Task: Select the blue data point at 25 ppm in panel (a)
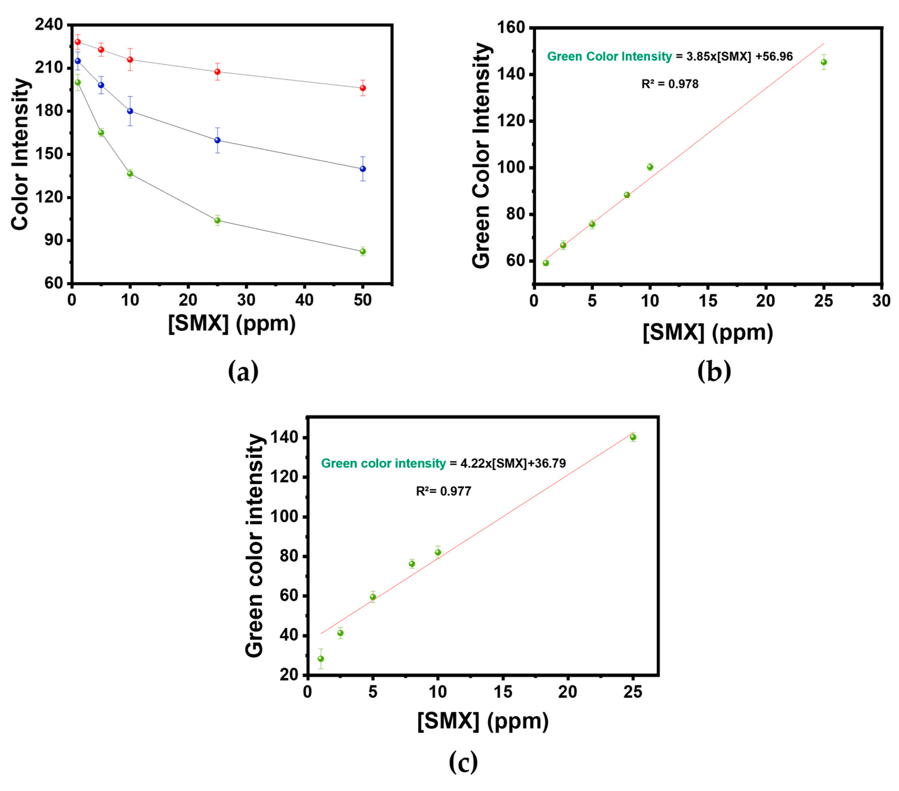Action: pyautogui.click(x=217, y=140)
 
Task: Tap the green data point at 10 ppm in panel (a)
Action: pyautogui.click(x=130, y=173)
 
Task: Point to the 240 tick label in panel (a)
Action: pyautogui.click(x=49, y=25)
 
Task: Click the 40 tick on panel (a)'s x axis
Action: pyautogui.click(x=304, y=300)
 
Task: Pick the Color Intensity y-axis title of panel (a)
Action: pyautogui.click(x=20, y=154)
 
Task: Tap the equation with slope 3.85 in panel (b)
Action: pyautogui.click(x=670, y=56)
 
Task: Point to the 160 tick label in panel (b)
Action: pyautogui.click(x=511, y=27)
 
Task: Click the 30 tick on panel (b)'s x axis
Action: pyautogui.click(x=881, y=301)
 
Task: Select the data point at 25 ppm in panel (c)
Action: pyautogui.click(x=633, y=437)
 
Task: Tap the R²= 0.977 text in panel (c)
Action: pyautogui.click(x=443, y=491)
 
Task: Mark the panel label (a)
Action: pyautogui.click(x=243, y=371)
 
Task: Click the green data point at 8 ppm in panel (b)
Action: pyautogui.click(x=627, y=195)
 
